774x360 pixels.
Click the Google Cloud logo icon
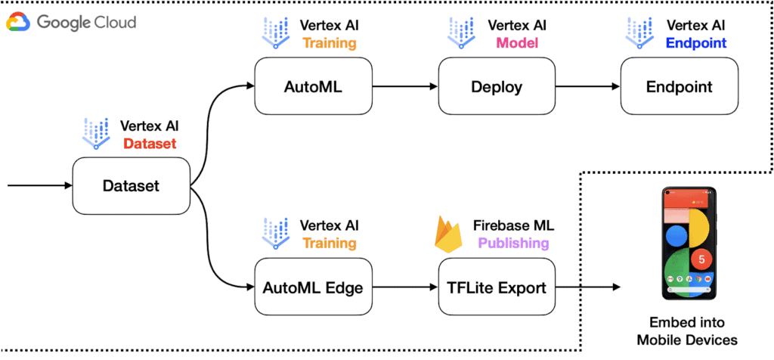pyautogui.click(x=18, y=23)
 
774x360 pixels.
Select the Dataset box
pyautogui.click(x=131, y=185)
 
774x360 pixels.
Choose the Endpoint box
pyautogui.click(x=679, y=87)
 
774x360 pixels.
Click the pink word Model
pyautogui.click(x=517, y=43)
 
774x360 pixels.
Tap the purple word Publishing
pyautogui.click(x=513, y=243)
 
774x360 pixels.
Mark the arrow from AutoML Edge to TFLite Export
pyautogui.click(x=404, y=287)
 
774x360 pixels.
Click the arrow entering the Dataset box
pyautogui.click(x=38, y=185)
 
